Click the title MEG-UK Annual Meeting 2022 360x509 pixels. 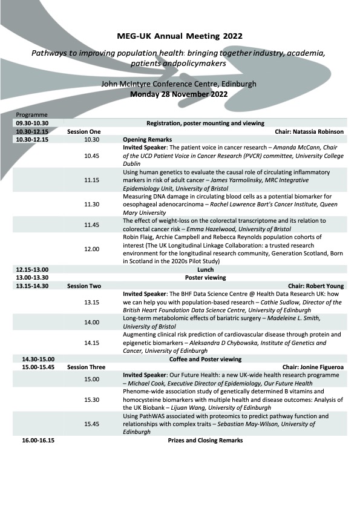point(179,36)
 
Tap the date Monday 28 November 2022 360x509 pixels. point(179,94)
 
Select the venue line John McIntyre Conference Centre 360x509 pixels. point(179,84)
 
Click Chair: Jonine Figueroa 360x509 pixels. point(313,367)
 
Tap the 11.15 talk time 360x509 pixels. point(92,180)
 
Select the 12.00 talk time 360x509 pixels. point(92,249)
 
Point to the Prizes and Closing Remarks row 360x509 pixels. point(205,440)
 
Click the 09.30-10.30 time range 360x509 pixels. point(32,123)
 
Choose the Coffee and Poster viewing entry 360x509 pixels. point(206,359)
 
